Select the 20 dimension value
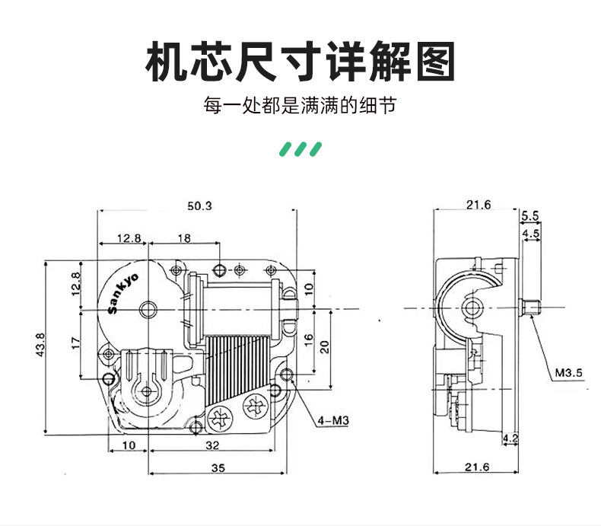click(324, 346)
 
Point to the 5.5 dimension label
click(530, 215)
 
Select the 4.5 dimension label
click(531, 233)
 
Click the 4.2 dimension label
click(511, 438)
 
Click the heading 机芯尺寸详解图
click(300, 62)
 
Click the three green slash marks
click(300, 147)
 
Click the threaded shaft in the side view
click(530, 308)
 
